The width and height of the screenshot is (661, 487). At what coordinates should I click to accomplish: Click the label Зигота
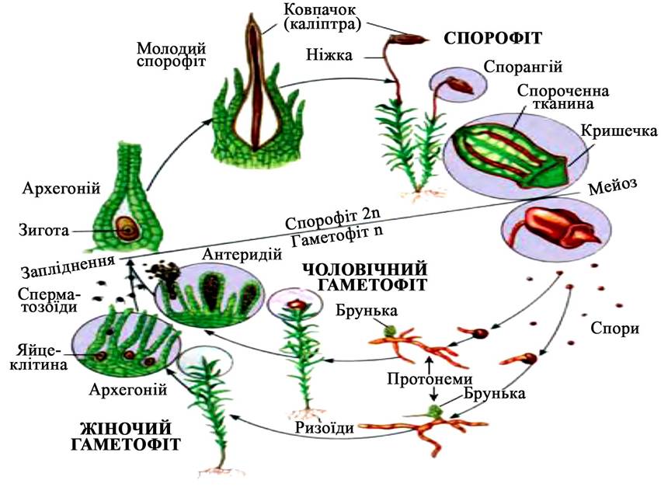pos(43,230)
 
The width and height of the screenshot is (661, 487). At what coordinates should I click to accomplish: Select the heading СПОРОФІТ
pos(492,38)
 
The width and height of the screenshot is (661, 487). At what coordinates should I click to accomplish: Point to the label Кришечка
pos(619,130)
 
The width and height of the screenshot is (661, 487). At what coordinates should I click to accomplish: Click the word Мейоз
pos(613,186)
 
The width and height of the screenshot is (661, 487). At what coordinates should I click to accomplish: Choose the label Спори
pos(614,328)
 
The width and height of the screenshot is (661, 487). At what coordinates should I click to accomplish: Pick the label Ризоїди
pos(324,427)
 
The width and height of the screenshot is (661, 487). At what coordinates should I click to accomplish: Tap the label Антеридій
pos(242,254)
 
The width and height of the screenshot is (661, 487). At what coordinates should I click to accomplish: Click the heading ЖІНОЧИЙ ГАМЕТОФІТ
pos(126,436)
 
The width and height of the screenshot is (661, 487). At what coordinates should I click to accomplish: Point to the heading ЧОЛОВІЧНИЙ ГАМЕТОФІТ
pos(365,277)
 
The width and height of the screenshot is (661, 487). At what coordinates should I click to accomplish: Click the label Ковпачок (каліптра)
pos(322,17)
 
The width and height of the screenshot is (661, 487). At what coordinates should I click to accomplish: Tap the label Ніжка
pos(329,55)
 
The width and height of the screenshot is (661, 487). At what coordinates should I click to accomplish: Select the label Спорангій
pos(524,67)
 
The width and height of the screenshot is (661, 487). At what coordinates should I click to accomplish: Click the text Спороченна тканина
pos(563,96)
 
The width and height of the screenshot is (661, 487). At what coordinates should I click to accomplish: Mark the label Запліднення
pos(68,266)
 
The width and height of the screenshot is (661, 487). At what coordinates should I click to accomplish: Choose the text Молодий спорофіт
pos(171,55)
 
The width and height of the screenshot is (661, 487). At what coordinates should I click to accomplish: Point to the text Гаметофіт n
pos(337,238)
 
